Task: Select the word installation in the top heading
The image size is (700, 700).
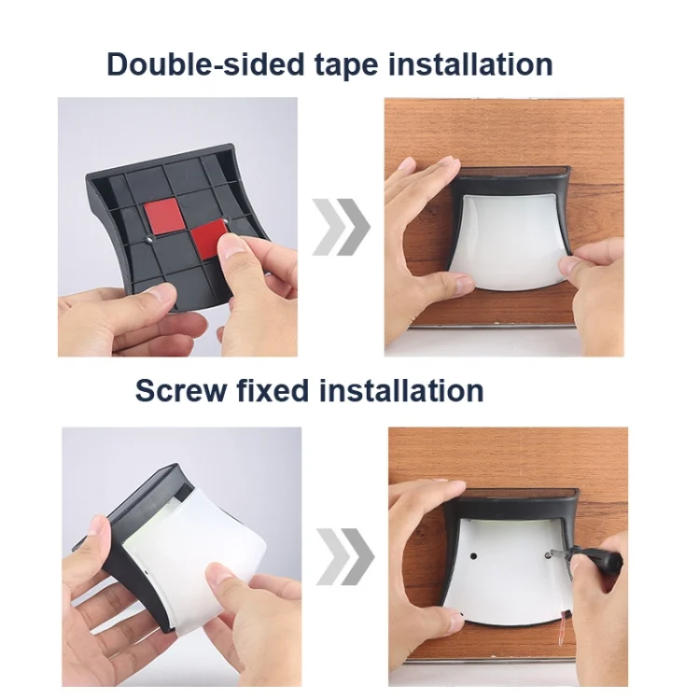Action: (470, 63)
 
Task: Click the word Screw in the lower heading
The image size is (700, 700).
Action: (181, 391)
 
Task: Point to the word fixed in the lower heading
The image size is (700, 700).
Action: (273, 390)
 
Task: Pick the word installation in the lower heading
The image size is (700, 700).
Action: (401, 390)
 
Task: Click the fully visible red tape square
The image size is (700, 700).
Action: (161, 216)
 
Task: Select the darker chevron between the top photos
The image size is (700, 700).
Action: (354, 227)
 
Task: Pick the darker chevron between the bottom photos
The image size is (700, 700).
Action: (357, 556)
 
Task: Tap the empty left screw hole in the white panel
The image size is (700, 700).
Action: (473, 556)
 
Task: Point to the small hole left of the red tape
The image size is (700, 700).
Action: (149, 239)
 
